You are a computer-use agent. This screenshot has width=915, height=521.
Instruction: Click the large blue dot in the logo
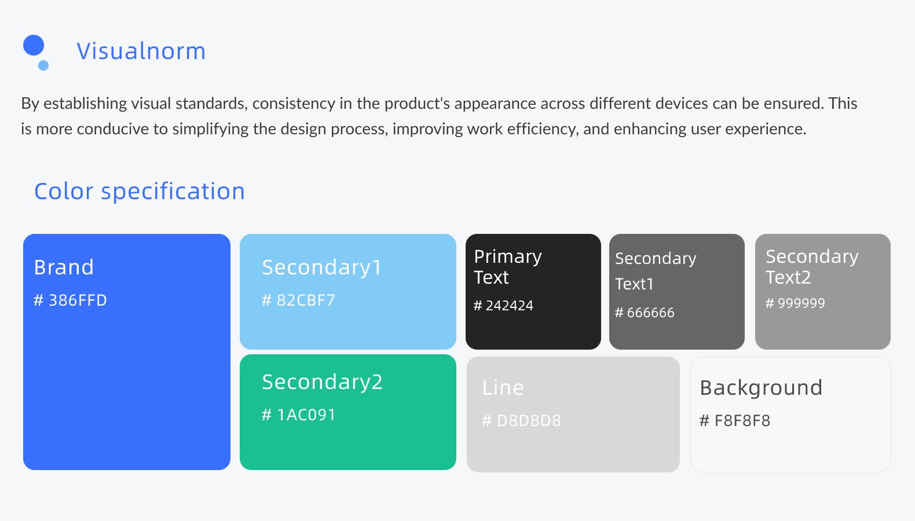(34, 45)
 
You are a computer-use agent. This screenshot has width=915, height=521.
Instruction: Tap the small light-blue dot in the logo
(43, 65)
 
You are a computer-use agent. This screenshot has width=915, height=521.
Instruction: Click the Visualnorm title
(141, 51)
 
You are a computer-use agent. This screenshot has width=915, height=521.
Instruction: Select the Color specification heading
(140, 191)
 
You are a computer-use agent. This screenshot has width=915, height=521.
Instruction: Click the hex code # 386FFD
(70, 300)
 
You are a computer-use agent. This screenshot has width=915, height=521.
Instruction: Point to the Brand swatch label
(64, 267)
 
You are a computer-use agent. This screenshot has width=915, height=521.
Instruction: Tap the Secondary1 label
(321, 267)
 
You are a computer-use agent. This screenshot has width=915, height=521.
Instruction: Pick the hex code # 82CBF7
(298, 300)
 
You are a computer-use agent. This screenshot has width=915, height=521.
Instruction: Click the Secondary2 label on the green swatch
(323, 382)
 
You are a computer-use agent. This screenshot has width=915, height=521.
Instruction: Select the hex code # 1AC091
(299, 415)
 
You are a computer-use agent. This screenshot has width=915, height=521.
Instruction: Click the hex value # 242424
(503, 306)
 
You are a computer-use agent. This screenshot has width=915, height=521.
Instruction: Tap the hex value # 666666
(645, 313)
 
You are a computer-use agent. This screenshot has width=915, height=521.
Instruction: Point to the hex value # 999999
(795, 303)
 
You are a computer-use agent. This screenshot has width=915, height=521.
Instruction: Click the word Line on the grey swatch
(503, 388)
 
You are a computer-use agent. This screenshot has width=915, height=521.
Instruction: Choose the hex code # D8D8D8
(522, 420)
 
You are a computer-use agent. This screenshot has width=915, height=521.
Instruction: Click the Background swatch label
(761, 388)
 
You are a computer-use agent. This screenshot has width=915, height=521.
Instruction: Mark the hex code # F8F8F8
(735, 420)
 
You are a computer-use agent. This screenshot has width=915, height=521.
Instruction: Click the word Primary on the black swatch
(508, 257)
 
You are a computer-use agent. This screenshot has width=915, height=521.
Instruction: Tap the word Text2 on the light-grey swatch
(788, 278)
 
